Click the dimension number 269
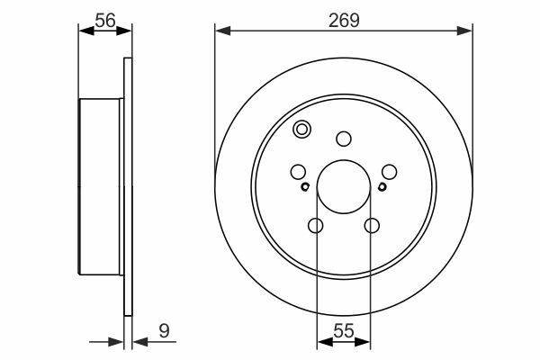click(344, 21)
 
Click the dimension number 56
click(105, 21)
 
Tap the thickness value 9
click(165, 331)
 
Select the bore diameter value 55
click(344, 331)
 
